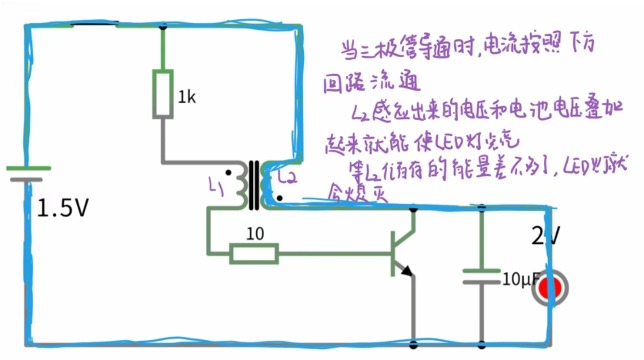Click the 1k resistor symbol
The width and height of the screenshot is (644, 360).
[162, 92]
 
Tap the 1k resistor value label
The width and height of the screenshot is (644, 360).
[187, 98]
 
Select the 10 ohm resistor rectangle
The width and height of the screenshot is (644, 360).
[254, 252]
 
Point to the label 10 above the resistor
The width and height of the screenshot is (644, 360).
[254, 232]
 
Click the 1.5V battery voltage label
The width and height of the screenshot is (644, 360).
[63, 208]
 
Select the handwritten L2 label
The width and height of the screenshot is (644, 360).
[286, 178]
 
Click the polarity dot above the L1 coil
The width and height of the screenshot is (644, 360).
[228, 165]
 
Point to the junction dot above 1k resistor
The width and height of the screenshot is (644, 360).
[162, 28]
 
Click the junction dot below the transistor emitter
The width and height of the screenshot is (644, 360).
[414, 344]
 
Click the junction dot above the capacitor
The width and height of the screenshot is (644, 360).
[482, 208]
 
